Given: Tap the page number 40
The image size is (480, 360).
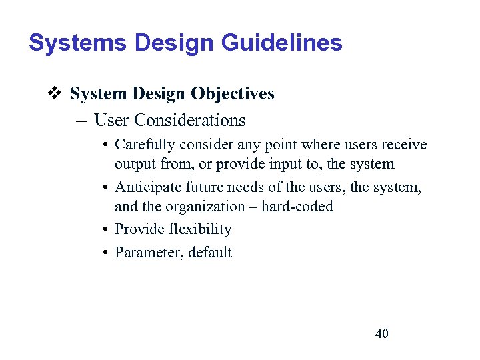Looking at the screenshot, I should click(382, 333).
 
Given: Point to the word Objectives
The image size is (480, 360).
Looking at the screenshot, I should click(233, 94).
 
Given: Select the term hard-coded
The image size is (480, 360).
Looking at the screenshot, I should click(297, 207).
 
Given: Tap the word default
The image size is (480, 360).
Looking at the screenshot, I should click(210, 252).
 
